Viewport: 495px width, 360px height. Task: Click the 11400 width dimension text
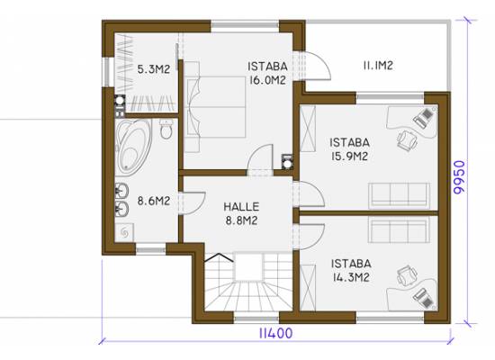tap(275, 333)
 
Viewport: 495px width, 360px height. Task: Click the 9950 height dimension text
tap(459, 176)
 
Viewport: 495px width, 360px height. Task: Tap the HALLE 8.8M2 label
tap(241, 214)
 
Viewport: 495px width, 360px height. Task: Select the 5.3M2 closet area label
tap(154, 69)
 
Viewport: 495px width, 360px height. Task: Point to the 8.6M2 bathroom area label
tap(154, 201)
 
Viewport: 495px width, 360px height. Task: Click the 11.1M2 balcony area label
tap(378, 66)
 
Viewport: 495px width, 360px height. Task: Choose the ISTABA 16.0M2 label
tap(267, 73)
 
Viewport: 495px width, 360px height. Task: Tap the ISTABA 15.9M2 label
tap(349, 149)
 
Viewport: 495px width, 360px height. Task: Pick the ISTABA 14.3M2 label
tap(351, 270)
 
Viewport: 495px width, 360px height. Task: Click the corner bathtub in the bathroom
tap(133, 146)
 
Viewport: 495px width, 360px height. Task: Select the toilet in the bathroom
tap(166, 129)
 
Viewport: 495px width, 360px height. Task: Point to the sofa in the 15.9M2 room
tap(400, 195)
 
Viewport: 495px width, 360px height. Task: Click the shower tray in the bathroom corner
tap(124, 233)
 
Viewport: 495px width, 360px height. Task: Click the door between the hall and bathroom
tap(192, 203)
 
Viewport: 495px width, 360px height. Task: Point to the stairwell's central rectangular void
tap(248, 266)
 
